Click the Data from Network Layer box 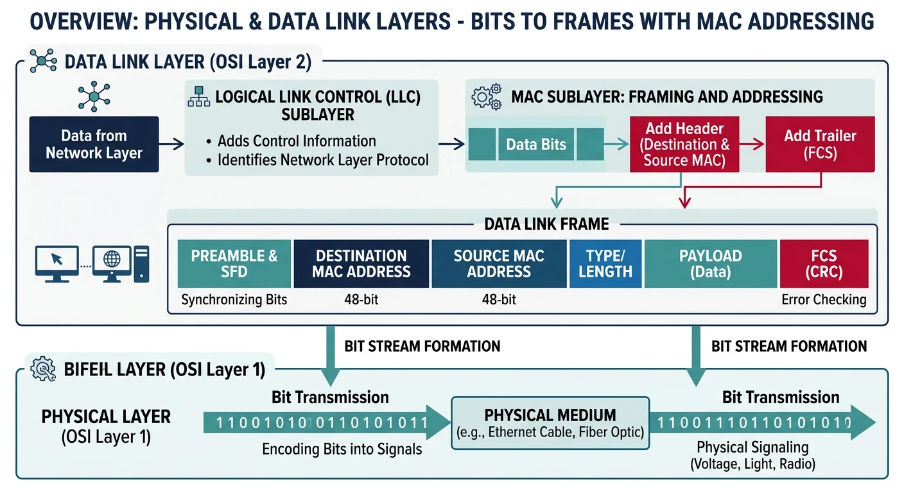(94, 144)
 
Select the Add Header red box (684, 144)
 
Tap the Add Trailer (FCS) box (820, 144)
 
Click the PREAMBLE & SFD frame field (234, 264)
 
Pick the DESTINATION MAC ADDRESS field (361, 264)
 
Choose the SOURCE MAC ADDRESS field (499, 264)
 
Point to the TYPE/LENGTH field (605, 264)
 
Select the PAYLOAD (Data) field (710, 264)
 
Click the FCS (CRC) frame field (824, 264)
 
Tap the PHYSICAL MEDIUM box (550, 422)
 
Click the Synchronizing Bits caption (234, 300)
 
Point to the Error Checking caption (824, 300)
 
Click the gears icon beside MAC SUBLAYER (486, 97)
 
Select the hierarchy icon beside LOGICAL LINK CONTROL (198, 98)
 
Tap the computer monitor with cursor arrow (57, 263)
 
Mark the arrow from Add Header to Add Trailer (751, 145)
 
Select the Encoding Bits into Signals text (342, 449)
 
